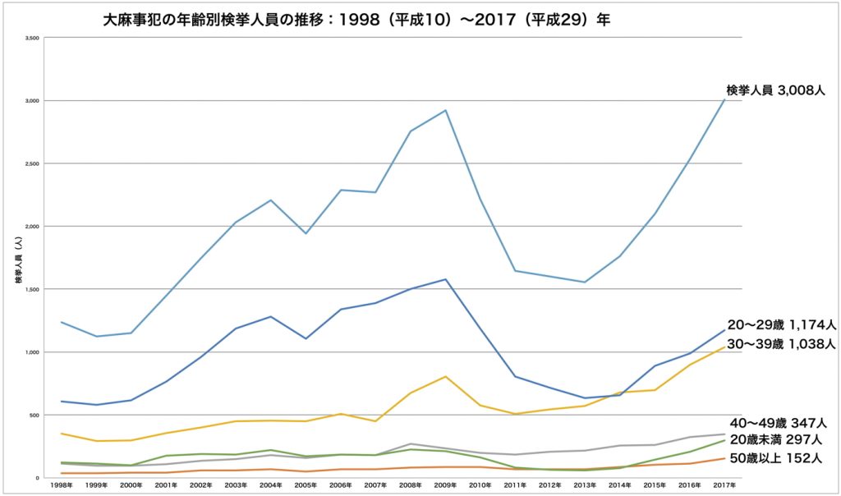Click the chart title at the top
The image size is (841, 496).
click(x=356, y=21)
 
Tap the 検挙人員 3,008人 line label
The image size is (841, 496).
click(x=775, y=90)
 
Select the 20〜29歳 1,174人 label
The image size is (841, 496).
click(x=781, y=324)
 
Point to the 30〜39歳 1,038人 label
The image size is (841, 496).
click(x=781, y=344)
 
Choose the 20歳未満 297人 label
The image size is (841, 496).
click(x=777, y=440)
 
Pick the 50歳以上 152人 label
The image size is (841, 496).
click(x=777, y=458)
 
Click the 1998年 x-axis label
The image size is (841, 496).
click(x=61, y=486)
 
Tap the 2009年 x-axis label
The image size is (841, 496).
click(x=445, y=486)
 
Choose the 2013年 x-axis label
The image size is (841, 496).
click(x=585, y=486)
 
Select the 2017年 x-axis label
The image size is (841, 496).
click(x=724, y=486)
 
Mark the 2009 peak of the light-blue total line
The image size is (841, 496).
click(x=445, y=110)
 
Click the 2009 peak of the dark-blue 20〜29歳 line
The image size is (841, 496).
click(x=445, y=279)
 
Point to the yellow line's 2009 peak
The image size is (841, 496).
click(x=445, y=376)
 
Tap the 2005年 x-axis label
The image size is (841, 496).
click(x=306, y=486)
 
